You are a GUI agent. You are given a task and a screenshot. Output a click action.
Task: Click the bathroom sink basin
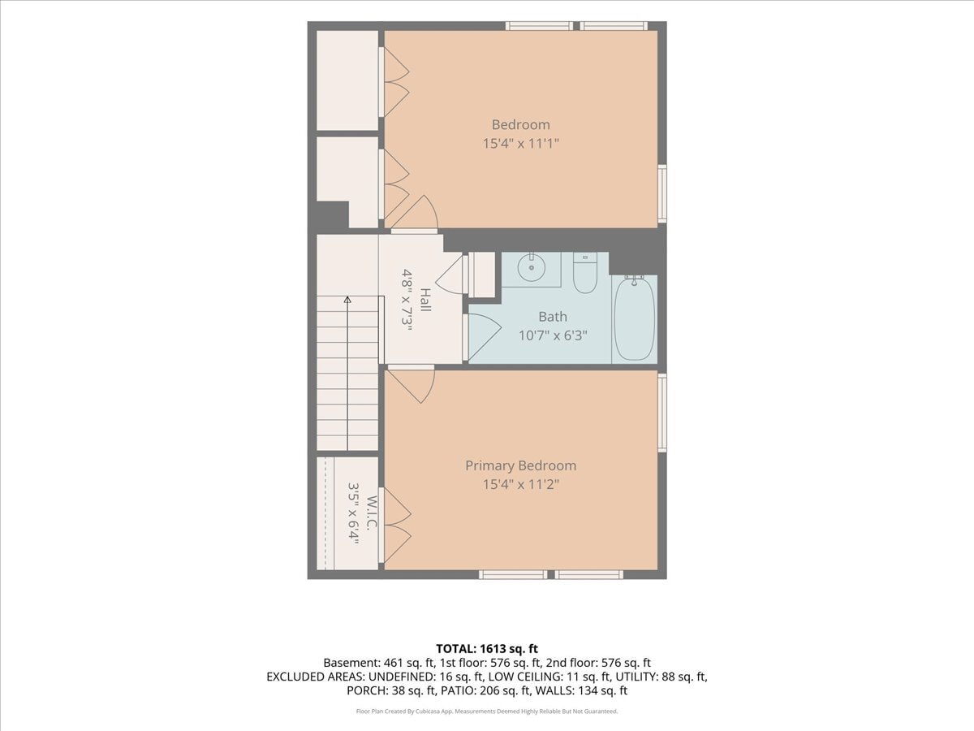(531, 268)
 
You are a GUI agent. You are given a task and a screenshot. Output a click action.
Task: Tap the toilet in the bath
(585, 273)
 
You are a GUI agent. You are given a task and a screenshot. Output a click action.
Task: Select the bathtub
(634, 318)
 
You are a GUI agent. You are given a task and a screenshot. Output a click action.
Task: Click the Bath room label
(553, 317)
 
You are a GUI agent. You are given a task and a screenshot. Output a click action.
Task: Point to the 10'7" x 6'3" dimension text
(553, 335)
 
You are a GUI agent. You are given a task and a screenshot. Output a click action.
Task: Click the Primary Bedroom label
(521, 465)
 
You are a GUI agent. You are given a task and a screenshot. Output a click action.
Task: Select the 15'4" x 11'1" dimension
(521, 144)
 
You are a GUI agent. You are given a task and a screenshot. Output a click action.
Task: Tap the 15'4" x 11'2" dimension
(521, 484)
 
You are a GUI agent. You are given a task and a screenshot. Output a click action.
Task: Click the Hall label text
(425, 300)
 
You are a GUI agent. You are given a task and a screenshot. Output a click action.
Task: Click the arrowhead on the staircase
(347, 300)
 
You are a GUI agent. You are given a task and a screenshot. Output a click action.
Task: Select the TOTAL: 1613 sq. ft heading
(487, 649)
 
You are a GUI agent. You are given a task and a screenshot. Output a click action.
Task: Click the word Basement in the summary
(350, 663)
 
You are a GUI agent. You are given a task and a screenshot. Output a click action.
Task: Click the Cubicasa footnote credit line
(487, 712)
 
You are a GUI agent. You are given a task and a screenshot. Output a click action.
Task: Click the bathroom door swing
(485, 337)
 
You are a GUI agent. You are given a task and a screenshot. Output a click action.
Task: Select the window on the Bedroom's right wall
(662, 193)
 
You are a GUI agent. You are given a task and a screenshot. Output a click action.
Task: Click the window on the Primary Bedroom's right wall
(662, 413)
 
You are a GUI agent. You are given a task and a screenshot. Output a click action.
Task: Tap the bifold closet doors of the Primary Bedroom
(397, 526)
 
